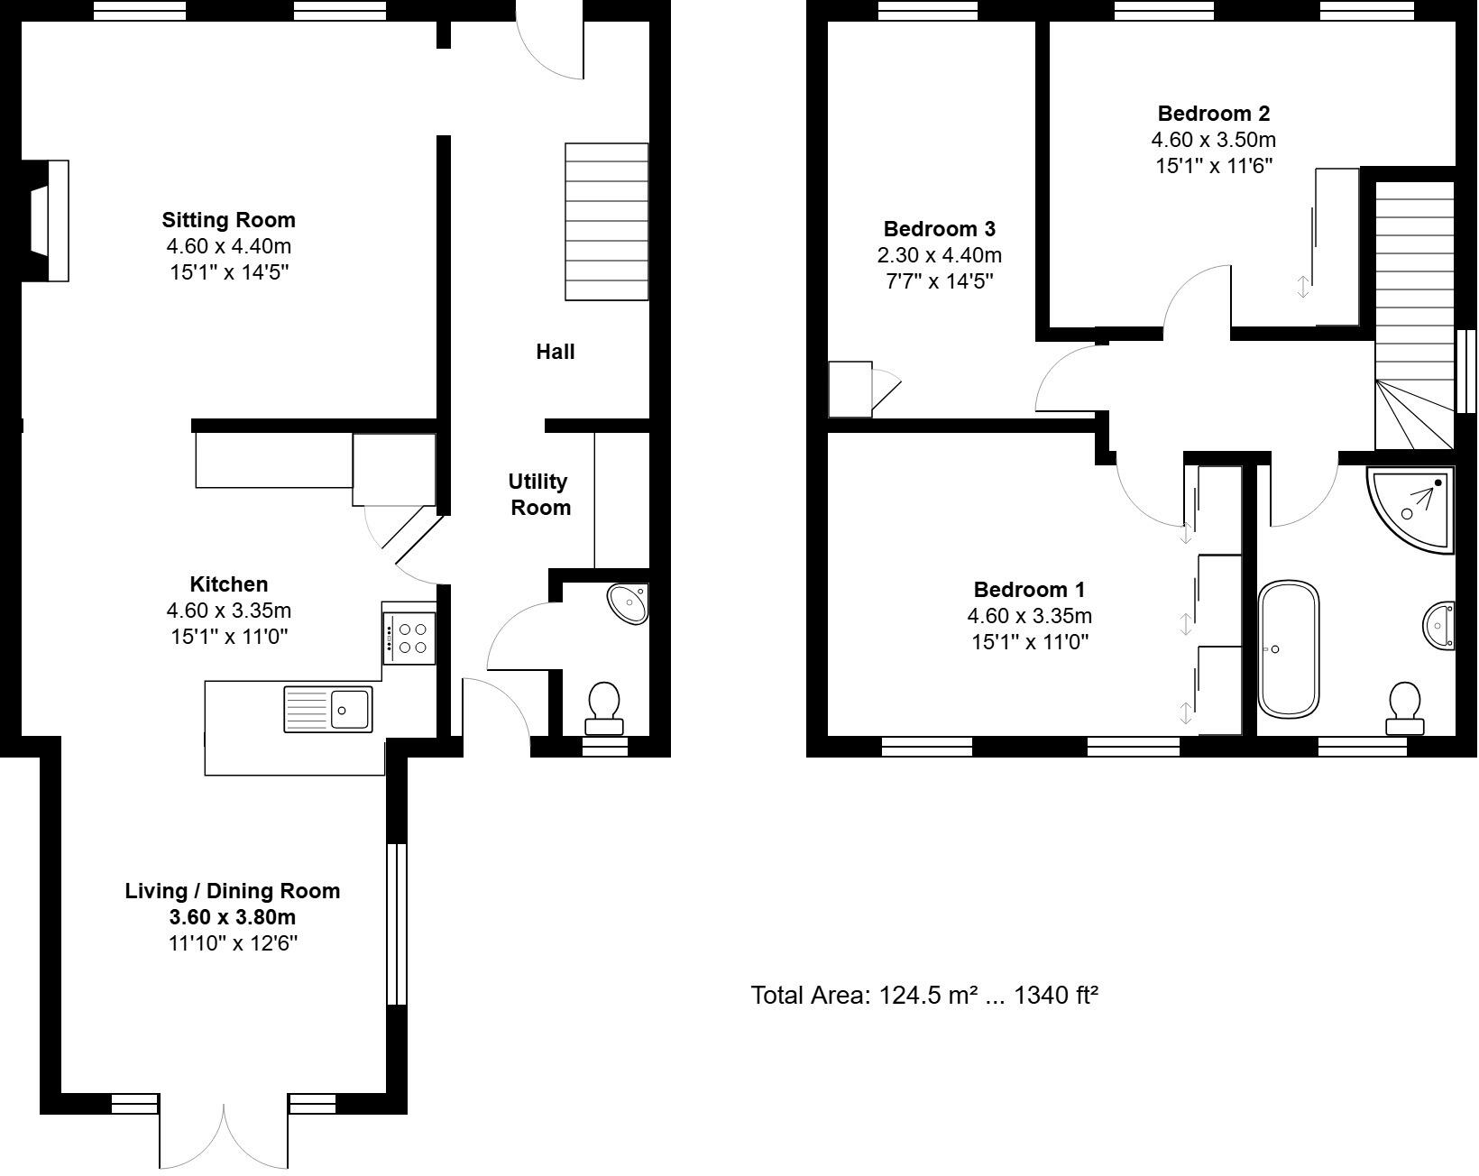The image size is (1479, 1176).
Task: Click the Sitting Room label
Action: tap(228, 220)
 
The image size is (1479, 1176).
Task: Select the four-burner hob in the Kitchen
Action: tap(409, 638)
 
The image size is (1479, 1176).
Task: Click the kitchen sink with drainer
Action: tap(328, 709)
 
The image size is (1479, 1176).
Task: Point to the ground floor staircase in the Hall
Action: tap(606, 222)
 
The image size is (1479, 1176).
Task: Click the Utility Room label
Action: tap(538, 494)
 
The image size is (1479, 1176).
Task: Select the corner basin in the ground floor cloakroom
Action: tap(629, 603)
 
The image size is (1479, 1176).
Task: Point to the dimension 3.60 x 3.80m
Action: tap(232, 917)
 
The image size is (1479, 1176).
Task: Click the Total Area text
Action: tap(924, 996)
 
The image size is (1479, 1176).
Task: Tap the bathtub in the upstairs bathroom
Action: tap(1288, 650)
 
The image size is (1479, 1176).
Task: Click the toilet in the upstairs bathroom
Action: tap(1405, 708)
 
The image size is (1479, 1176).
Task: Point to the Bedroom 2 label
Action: tap(1213, 114)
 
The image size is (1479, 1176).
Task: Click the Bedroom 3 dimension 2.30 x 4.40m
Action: tap(939, 255)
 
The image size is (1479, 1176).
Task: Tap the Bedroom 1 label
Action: tap(1029, 590)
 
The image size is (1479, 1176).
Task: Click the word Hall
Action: tap(555, 352)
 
